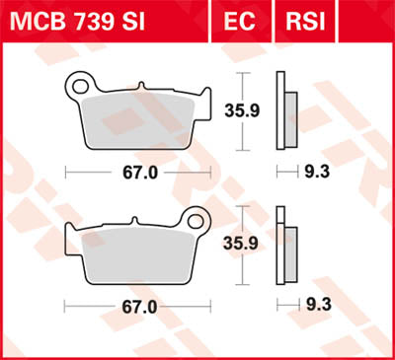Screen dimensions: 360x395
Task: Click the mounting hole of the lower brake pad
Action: [x=196, y=223]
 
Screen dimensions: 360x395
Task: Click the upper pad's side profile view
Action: [x=285, y=112]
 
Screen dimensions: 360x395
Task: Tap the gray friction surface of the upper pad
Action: [x=138, y=123]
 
